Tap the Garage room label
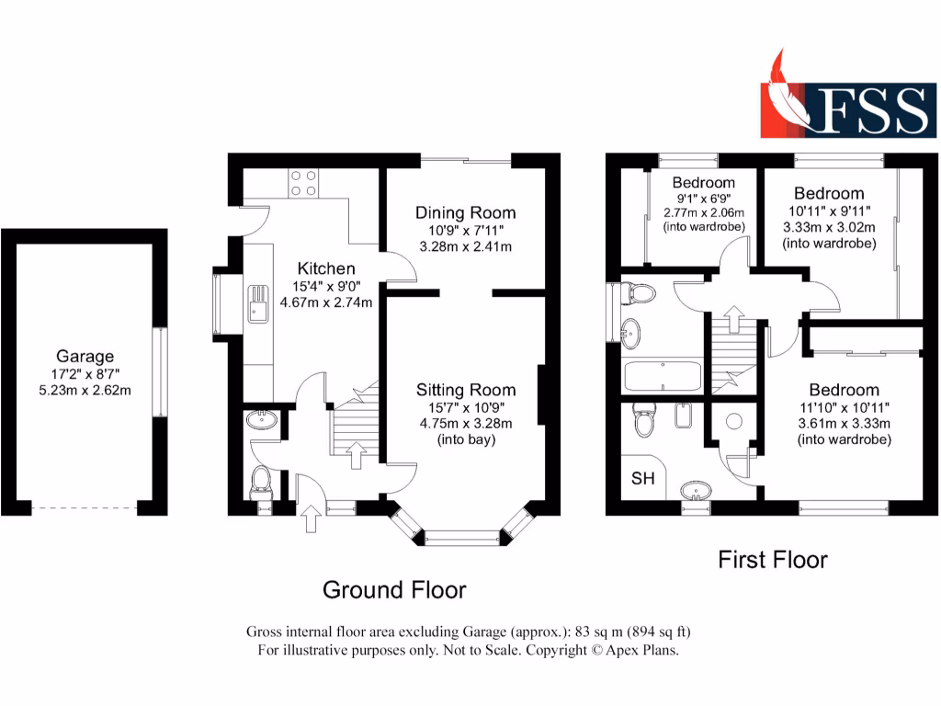85,357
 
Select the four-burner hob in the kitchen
303,184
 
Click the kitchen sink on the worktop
255,309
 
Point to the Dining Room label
465,212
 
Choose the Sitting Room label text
465,390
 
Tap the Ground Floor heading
393,589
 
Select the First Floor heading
772,559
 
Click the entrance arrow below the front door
309,520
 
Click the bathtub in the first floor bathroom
662,377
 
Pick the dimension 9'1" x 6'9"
703,198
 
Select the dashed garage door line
85,507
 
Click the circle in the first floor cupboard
734,422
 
